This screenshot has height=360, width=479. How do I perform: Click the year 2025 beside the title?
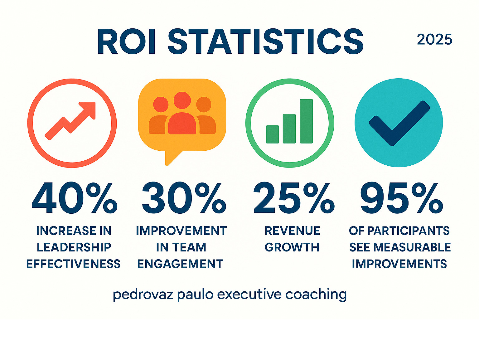point(434,40)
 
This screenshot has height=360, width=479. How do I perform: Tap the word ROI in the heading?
point(126,41)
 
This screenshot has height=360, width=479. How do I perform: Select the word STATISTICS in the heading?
point(265,41)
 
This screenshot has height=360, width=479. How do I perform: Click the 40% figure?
point(75,198)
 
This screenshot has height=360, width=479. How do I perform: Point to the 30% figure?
point(184,198)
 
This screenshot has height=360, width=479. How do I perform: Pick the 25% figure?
point(294,198)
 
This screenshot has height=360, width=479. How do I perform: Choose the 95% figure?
point(401,198)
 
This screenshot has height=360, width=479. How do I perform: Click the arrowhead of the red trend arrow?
point(88,109)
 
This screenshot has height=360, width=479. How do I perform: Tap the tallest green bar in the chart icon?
point(306,121)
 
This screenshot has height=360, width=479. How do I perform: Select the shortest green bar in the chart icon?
point(272,134)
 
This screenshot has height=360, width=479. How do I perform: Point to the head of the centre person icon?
point(182,100)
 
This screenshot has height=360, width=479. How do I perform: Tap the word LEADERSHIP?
point(74,247)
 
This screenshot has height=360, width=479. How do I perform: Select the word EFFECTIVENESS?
point(73,264)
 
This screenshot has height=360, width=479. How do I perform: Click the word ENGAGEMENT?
point(180,264)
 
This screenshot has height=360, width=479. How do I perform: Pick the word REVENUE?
point(292,231)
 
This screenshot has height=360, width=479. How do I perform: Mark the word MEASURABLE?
point(412,247)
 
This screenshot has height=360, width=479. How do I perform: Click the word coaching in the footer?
point(316,294)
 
